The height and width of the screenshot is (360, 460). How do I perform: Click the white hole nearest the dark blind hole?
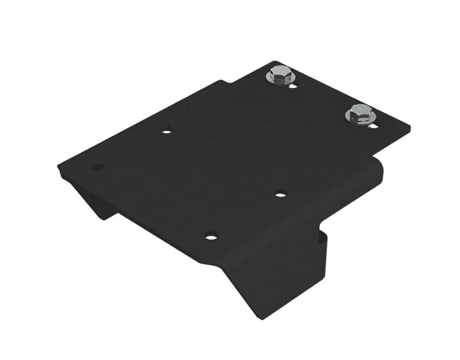point(167,131)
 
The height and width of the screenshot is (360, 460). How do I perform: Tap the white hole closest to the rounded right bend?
point(281,193)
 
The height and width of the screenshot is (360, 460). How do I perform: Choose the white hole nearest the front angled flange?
point(211,237)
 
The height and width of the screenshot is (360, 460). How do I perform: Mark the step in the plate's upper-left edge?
point(224,82)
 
